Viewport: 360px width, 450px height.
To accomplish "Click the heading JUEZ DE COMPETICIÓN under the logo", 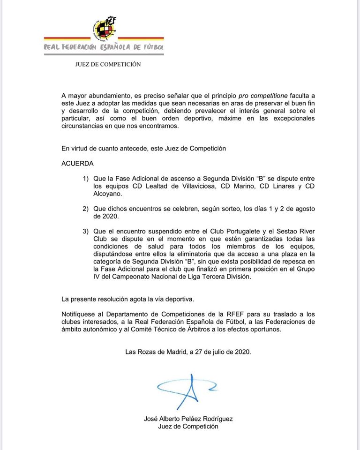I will pos(108,65).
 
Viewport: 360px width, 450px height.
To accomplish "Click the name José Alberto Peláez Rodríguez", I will pos(188,419).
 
